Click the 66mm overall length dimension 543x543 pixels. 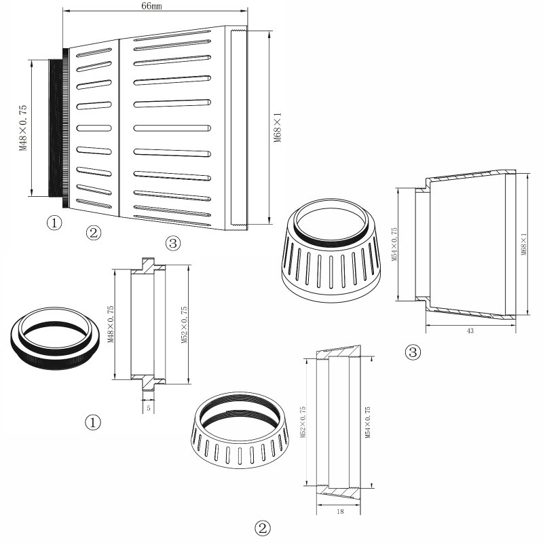(151, 5)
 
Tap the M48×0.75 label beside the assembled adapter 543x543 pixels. (23, 128)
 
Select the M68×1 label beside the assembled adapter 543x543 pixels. (277, 128)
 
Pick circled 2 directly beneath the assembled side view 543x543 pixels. (94, 233)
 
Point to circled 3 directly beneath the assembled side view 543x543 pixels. (173, 243)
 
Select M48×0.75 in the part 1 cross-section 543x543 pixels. (110, 324)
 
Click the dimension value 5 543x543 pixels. (148, 409)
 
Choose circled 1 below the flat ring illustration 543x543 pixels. (92, 422)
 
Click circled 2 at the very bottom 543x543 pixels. (263, 527)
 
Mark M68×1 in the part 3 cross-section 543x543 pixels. (523, 244)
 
